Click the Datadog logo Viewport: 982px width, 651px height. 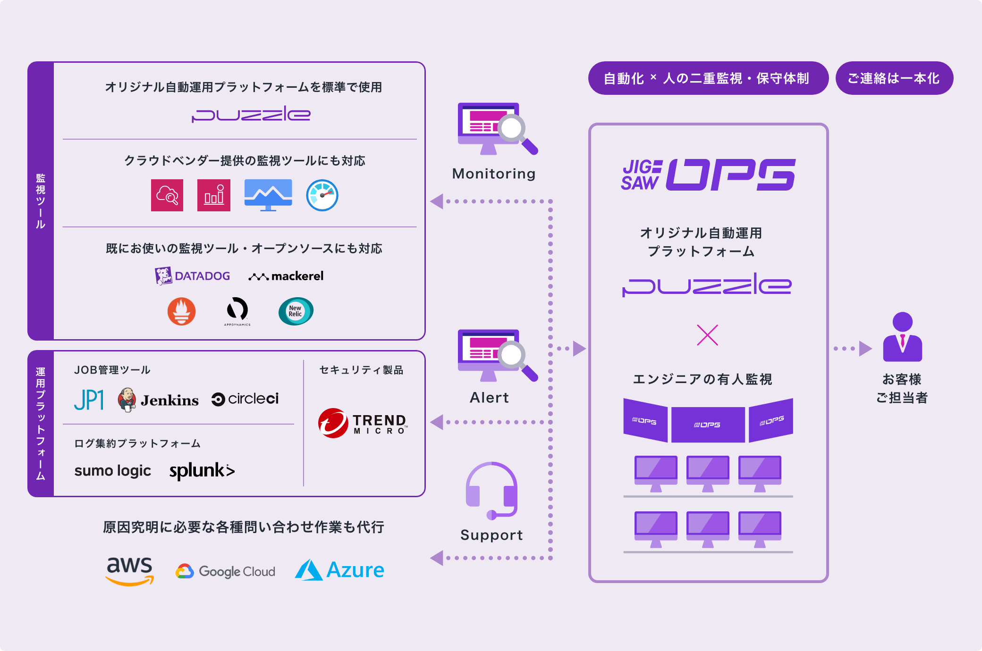point(193,276)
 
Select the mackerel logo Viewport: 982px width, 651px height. point(286,276)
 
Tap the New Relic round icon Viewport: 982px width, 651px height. point(296,311)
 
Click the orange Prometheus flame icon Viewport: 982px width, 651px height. point(182,311)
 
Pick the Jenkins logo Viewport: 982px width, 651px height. point(158,400)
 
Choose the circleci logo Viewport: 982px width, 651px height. point(245,399)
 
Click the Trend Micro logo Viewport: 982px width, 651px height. point(362,423)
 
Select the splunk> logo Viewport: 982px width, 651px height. point(202,471)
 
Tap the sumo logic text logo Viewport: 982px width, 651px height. point(113,471)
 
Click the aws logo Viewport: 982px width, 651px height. point(129,570)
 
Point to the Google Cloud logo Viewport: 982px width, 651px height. point(225,571)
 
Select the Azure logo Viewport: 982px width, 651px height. point(339,570)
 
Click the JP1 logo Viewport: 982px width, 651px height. point(89,400)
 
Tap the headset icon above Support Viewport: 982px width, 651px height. point(491,491)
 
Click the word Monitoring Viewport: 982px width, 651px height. point(494,174)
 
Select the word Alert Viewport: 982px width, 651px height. point(489,398)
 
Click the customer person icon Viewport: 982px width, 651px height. point(902,337)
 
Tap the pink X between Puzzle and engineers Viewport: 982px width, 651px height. point(707,335)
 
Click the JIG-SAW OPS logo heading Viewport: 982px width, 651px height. point(708,175)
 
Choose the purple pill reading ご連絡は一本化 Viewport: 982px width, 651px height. point(894,78)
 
